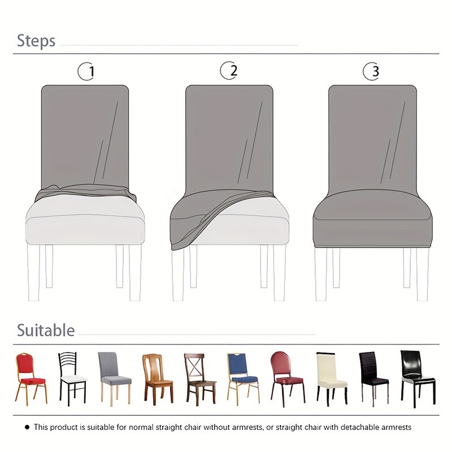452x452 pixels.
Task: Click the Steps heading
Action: point(36,41)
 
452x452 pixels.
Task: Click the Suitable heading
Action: point(45,330)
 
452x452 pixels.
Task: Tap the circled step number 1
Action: point(86,72)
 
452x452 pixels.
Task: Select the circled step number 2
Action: point(229,71)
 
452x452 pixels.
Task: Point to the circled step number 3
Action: point(371,72)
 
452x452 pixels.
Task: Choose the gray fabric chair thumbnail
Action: point(114,376)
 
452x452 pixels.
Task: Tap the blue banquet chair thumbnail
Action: point(243,376)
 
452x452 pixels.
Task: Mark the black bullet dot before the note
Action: point(27,427)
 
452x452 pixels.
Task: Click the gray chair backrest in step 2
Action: point(229,136)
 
